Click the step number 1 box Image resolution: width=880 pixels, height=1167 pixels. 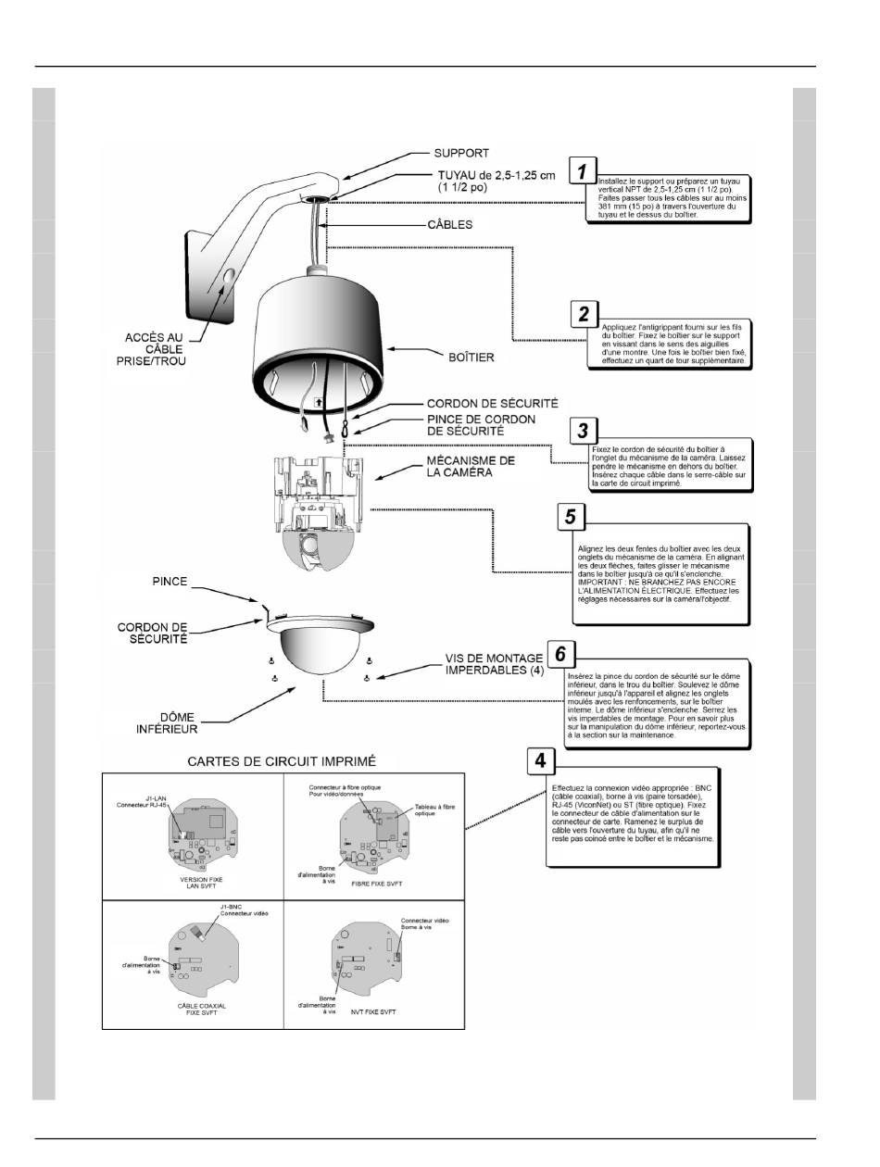tap(582, 171)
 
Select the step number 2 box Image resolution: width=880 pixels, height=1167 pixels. tap(584, 313)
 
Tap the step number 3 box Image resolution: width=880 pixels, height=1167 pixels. tap(583, 430)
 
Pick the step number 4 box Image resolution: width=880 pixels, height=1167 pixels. tap(541, 761)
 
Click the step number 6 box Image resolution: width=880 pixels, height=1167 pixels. tap(560, 653)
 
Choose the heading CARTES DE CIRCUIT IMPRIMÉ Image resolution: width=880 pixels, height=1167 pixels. tap(282, 762)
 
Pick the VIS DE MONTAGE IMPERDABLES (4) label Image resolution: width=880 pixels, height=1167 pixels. tap(493, 664)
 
